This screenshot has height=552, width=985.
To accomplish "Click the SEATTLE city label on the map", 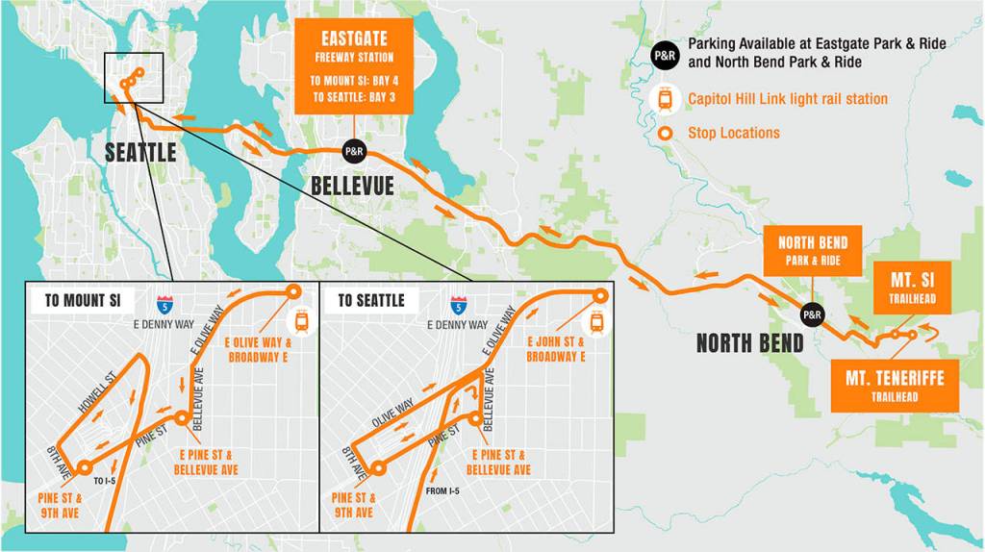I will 139,152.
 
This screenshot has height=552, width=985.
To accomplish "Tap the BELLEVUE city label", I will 352,185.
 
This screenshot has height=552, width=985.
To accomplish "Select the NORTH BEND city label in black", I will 749,342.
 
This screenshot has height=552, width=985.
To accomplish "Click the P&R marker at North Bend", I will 813,314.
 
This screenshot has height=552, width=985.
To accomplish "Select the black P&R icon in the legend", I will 665,55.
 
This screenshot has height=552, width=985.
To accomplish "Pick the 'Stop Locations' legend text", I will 734,133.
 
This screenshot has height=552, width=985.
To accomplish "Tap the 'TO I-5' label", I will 106,479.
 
